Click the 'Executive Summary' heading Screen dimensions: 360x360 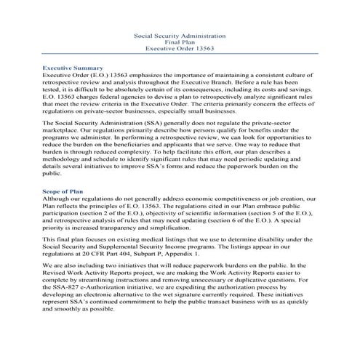click(x=72, y=67)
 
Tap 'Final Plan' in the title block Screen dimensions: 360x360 click(x=180, y=42)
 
